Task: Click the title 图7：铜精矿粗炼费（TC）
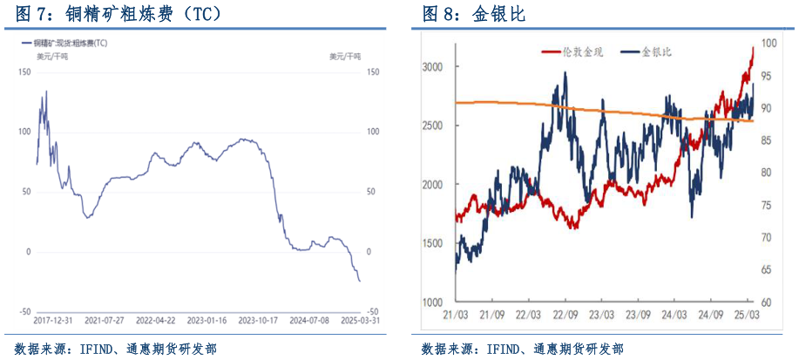[114, 14]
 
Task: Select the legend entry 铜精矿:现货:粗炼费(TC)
[71, 43]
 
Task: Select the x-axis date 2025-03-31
[360, 320]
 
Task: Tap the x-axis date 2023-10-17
[259, 320]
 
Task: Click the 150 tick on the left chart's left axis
[24, 72]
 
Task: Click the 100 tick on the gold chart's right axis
[769, 43]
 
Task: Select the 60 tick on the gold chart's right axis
[768, 302]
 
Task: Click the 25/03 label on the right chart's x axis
[747, 314]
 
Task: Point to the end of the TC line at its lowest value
[360, 281]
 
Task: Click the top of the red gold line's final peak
[753, 48]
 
